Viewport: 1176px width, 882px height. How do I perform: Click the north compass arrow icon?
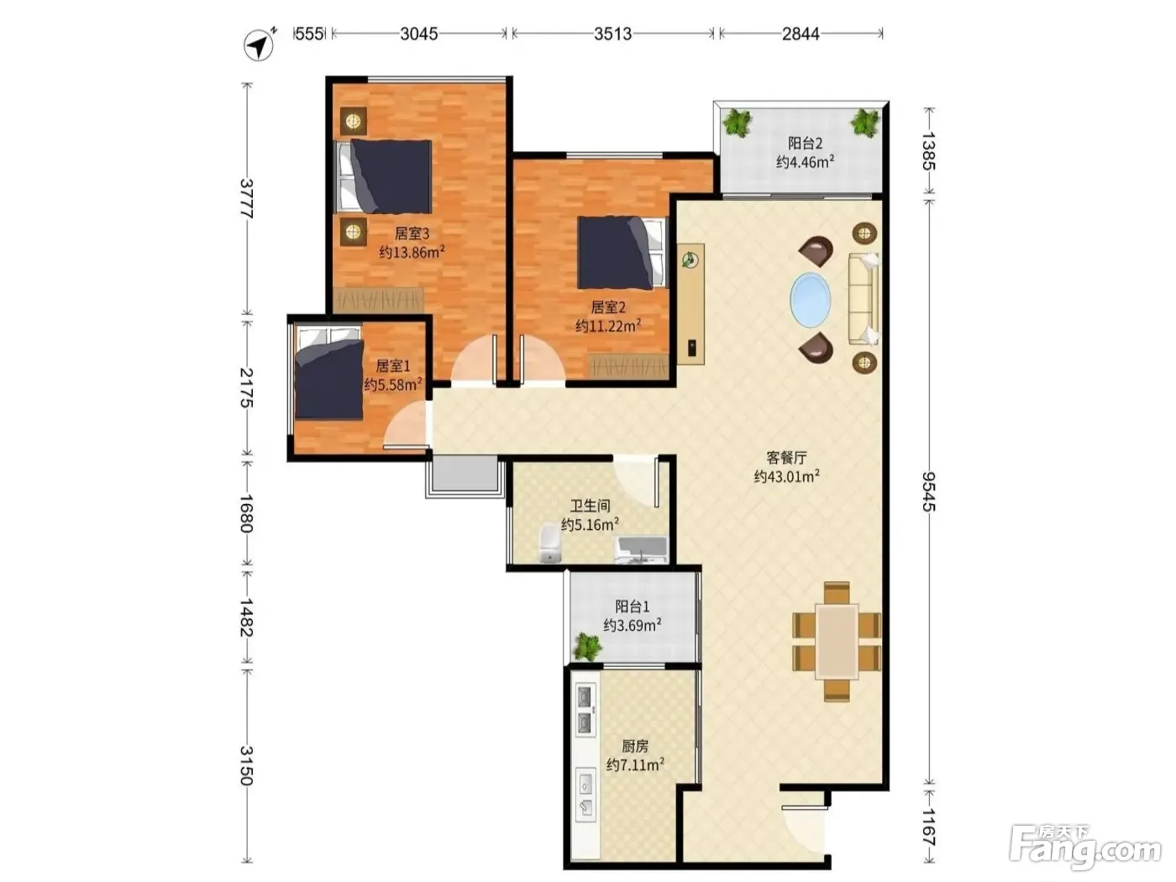[260, 45]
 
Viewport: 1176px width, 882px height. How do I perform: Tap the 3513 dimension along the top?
[612, 34]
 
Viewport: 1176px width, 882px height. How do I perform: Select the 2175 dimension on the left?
[246, 387]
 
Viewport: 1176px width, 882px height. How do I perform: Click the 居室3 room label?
[412, 234]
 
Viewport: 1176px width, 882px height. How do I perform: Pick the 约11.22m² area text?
[608, 326]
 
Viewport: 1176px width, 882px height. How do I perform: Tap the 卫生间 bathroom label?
[590, 506]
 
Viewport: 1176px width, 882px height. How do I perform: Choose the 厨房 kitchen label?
[635, 745]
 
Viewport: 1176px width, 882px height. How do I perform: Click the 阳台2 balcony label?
[805, 143]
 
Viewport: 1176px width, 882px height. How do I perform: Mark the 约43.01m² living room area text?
[786, 476]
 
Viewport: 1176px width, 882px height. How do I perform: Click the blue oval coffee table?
[811, 300]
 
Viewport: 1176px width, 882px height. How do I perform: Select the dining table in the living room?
[837, 642]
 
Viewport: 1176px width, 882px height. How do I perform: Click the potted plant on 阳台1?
[588, 647]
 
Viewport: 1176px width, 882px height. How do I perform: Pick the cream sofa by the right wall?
[864, 299]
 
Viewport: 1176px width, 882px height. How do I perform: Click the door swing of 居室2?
[542, 359]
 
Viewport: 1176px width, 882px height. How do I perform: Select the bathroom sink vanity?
[641, 549]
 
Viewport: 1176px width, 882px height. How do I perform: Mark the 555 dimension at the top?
[309, 34]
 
